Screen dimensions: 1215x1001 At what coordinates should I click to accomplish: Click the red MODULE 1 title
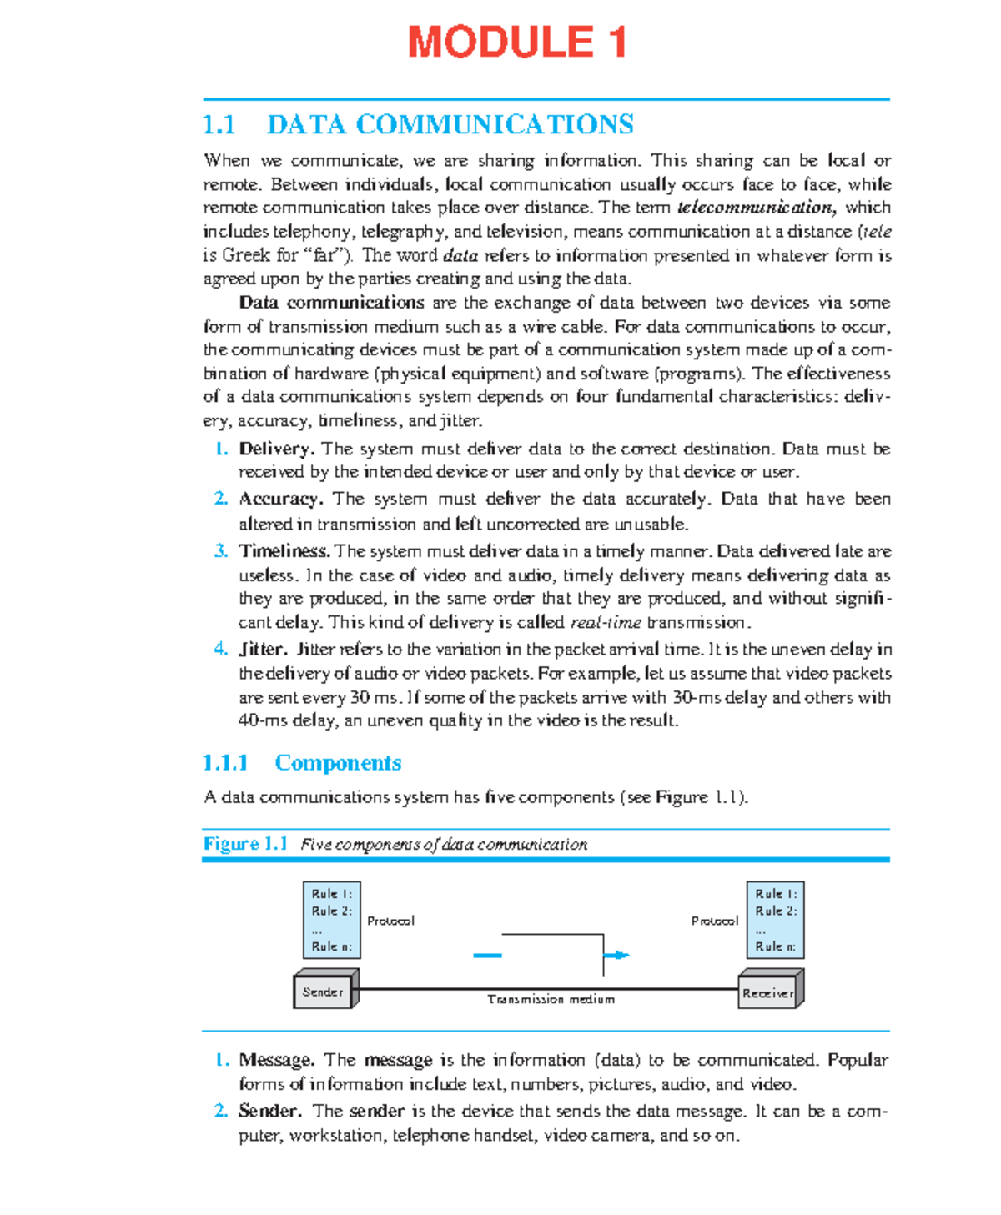coord(516,43)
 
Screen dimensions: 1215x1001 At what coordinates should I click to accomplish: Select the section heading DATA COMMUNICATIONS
coord(450,125)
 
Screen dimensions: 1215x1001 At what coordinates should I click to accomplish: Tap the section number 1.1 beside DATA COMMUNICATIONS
coord(219,125)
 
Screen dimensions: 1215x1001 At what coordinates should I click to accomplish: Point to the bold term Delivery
coord(276,449)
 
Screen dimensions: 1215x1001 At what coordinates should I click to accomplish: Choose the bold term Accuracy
coord(280,499)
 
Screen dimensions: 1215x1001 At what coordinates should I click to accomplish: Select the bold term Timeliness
coord(284,551)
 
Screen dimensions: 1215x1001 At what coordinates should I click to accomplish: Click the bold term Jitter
coord(263,649)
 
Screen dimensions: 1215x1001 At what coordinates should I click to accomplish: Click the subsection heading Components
coord(338,763)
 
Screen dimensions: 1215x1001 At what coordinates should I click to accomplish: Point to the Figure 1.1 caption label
coord(245,844)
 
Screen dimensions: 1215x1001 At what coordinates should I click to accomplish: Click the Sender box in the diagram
coord(324,991)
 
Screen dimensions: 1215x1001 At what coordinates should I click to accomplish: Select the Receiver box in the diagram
coord(768,992)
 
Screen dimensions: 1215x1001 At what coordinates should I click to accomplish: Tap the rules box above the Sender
coord(331,920)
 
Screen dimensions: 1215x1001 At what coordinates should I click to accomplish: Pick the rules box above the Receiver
coord(775,920)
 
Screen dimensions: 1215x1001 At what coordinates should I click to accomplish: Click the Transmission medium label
coord(551,999)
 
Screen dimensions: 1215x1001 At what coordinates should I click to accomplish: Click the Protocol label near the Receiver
coord(714,921)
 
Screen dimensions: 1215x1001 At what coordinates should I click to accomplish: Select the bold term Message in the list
coord(276,1060)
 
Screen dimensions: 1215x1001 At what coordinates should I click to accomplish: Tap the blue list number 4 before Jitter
coord(220,649)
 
